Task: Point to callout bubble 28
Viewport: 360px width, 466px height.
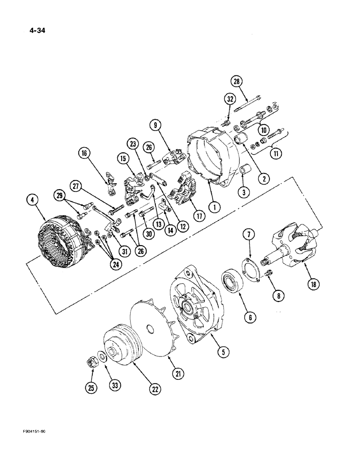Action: click(x=237, y=82)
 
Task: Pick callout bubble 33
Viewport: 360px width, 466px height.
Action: click(x=114, y=386)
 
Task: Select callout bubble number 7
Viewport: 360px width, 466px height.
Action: click(x=248, y=245)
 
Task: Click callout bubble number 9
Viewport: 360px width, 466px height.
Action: click(x=156, y=124)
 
